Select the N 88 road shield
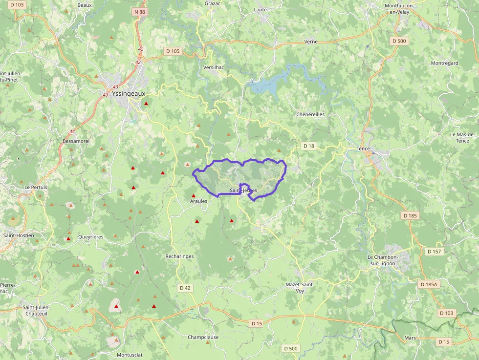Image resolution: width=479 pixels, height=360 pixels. coord(139,11)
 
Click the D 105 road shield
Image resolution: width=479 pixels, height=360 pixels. coord(173,51)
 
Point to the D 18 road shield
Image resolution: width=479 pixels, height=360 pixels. coord(308,146)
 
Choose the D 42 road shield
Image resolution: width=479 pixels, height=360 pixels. coord(185,288)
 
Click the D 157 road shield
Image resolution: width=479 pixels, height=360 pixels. coord(434,251)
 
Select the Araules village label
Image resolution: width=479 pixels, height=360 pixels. coord(198,201)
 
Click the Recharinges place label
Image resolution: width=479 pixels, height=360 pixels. coord(179,256)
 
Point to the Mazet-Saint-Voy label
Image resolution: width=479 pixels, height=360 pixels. coord(300,287)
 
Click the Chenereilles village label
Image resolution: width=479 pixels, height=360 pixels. coord(310,114)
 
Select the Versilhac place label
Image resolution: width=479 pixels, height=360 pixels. coord(214,67)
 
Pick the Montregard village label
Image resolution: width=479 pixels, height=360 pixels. coord(444,63)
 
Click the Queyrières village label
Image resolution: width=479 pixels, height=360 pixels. coord(90,236)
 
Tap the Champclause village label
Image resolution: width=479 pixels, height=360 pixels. coord(203,337)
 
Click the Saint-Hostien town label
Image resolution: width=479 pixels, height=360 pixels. coord(19,235)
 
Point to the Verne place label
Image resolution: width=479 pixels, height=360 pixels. coord(311,42)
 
